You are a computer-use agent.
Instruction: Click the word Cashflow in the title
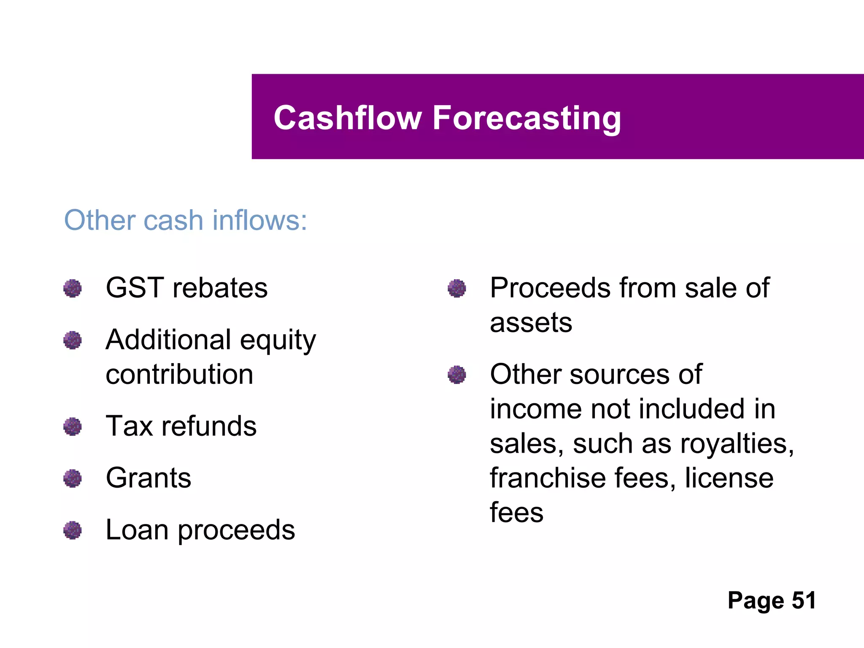point(348,118)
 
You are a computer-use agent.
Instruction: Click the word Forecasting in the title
point(526,119)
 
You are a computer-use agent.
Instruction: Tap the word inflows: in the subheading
point(259,220)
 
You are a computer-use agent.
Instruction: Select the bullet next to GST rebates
point(73,289)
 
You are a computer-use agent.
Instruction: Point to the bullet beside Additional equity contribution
point(73,340)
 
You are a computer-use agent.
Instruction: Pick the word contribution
point(179,375)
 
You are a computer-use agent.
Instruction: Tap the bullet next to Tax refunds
point(73,427)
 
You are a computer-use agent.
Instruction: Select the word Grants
point(148,478)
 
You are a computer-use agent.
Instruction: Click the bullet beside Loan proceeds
point(73,530)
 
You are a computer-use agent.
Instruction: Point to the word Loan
point(137,530)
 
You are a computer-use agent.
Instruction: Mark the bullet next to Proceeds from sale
point(457,289)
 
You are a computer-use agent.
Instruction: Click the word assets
point(531,323)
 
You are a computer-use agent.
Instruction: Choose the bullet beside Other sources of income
point(457,375)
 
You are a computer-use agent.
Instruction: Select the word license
point(729,478)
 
